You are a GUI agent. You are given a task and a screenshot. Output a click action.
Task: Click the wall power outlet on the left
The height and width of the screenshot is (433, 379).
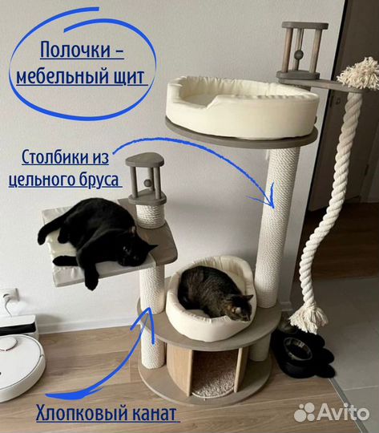click(x=7, y=300)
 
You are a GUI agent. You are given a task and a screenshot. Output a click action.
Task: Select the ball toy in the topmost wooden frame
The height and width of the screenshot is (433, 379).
click(x=299, y=54)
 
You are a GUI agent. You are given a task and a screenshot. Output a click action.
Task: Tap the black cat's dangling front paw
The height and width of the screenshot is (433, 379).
click(x=91, y=281)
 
